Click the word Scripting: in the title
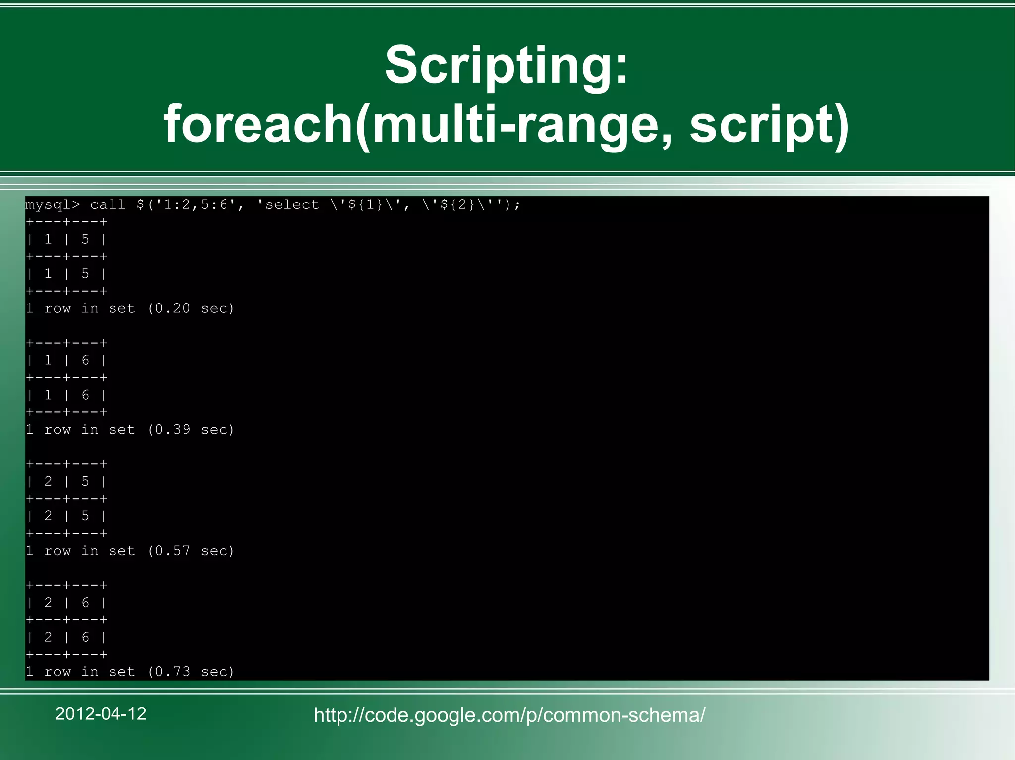tap(507, 65)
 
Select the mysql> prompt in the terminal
tap(52, 205)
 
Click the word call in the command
tap(108, 205)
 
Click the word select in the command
tap(292, 205)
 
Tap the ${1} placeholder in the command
tap(366, 205)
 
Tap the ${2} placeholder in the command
tap(458, 205)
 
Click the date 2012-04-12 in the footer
tap(101, 714)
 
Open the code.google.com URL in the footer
tap(509, 715)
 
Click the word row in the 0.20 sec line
tap(57, 308)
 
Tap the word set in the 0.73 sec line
tap(121, 672)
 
